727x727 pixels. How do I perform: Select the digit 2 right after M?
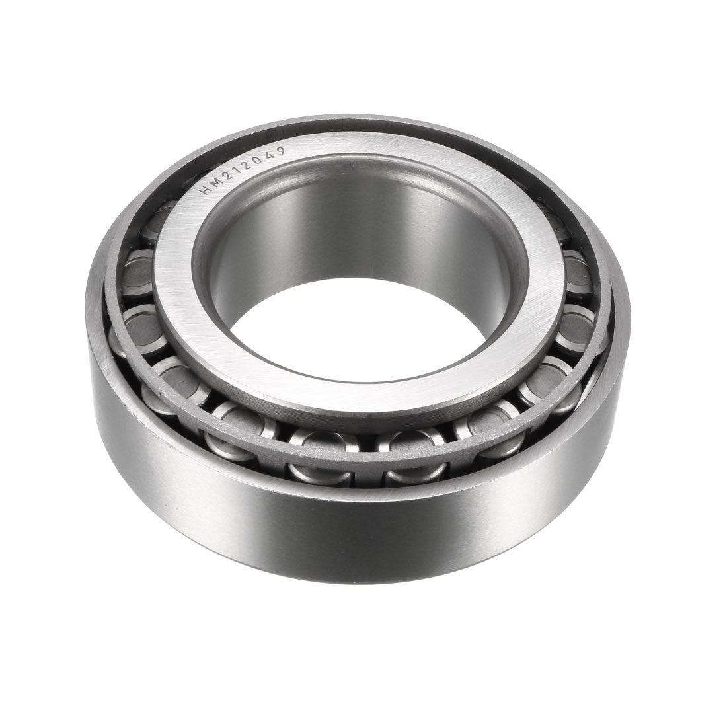click(222, 174)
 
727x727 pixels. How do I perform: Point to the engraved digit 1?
click(233, 168)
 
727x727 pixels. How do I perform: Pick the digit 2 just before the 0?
click(244, 162)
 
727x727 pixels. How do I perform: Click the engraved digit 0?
click(256, 157)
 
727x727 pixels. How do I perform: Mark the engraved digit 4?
click(268, 153)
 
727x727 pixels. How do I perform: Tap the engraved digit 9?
click(280, 151)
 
